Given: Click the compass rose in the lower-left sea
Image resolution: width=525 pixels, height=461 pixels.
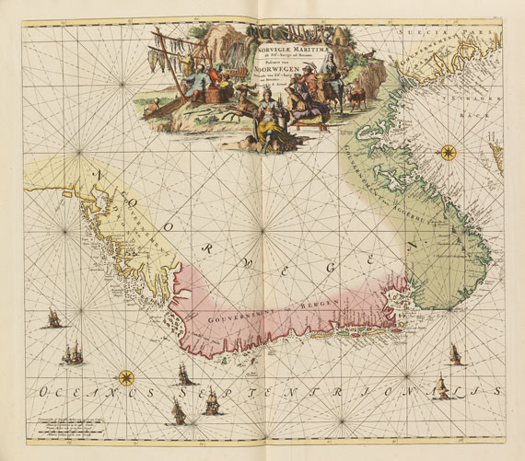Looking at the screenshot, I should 125,376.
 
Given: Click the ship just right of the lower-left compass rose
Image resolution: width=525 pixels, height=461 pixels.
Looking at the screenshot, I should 184,374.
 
